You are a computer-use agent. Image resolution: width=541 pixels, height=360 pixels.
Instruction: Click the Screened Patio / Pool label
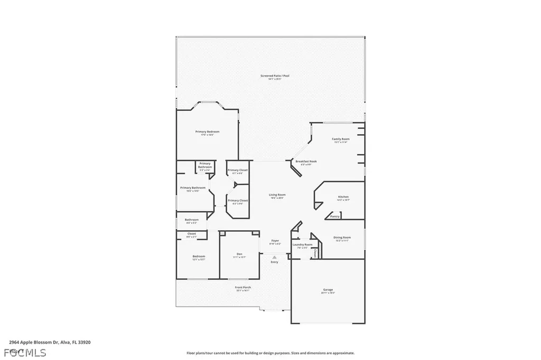click(x=275, y=76)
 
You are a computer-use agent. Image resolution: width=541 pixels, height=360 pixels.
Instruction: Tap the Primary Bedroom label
click(x=207, y=131)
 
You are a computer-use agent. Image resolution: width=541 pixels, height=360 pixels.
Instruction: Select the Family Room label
click(x=341, y=139)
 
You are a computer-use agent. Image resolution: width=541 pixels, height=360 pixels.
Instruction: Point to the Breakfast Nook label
click(x=306, y=161)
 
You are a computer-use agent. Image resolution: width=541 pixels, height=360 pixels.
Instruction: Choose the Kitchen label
click(x=343, y=197)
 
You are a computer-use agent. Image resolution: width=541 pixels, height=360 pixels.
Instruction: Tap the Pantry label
click(x=334, y=216)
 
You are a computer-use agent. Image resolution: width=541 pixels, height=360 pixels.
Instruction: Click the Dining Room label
click(x=342, y=238)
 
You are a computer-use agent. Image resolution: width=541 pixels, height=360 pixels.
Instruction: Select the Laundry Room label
click(x=302, y=245)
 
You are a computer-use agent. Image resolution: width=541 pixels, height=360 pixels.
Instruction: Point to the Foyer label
click(x=275, y=241)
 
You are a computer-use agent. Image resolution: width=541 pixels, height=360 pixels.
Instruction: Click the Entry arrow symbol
click(x=274, y=257)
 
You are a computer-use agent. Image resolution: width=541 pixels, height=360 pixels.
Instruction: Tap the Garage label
click(x=328, y=290)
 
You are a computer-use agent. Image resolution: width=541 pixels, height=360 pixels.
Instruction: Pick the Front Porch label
click(x=242, y=288)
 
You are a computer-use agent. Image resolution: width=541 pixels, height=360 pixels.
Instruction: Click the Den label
click(x=239, y=254)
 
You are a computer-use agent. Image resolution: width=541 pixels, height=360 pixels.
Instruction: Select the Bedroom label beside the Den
click(x=199, y=257)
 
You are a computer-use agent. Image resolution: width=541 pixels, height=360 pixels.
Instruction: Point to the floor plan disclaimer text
click(x=270, y=353)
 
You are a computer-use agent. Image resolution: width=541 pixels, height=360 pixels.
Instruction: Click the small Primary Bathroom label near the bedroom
click(x=204, y=165)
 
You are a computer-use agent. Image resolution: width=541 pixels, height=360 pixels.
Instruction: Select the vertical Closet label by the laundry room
click(x=314, y=253)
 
